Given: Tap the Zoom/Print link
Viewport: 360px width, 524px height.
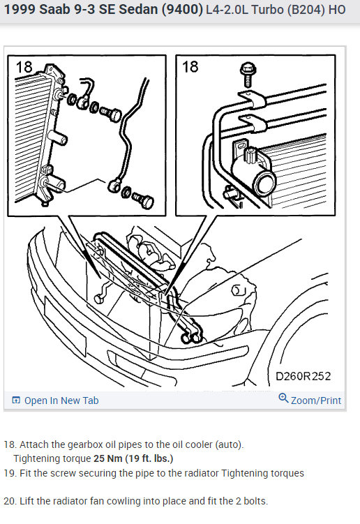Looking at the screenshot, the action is (316, 401).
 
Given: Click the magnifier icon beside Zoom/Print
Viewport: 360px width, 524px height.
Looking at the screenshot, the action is (283, 398).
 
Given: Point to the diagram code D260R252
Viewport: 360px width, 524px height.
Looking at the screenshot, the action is (303, 376).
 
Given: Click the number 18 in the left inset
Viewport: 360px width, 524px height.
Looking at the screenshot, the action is (24, 67).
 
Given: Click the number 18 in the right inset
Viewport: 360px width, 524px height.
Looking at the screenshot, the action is (190, 67).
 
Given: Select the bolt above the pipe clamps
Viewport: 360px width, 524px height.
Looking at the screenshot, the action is (248, 75).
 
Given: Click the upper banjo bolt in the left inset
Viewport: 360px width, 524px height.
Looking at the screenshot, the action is (111, 114).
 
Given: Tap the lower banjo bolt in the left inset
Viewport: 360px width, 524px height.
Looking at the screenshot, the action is (144, 200).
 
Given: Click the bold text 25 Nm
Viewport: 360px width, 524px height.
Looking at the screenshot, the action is (108, 458).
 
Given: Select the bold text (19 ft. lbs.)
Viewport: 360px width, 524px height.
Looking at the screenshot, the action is (149, 458).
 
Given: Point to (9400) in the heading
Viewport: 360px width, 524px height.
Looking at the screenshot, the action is (182, 9).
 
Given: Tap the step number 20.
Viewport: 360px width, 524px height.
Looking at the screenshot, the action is (9, 501).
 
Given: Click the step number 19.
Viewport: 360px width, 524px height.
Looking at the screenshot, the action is (9, 473).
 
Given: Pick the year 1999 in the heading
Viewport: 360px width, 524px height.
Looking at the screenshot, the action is (20, 9).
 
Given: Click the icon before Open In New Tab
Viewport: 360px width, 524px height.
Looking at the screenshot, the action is (16, 400).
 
